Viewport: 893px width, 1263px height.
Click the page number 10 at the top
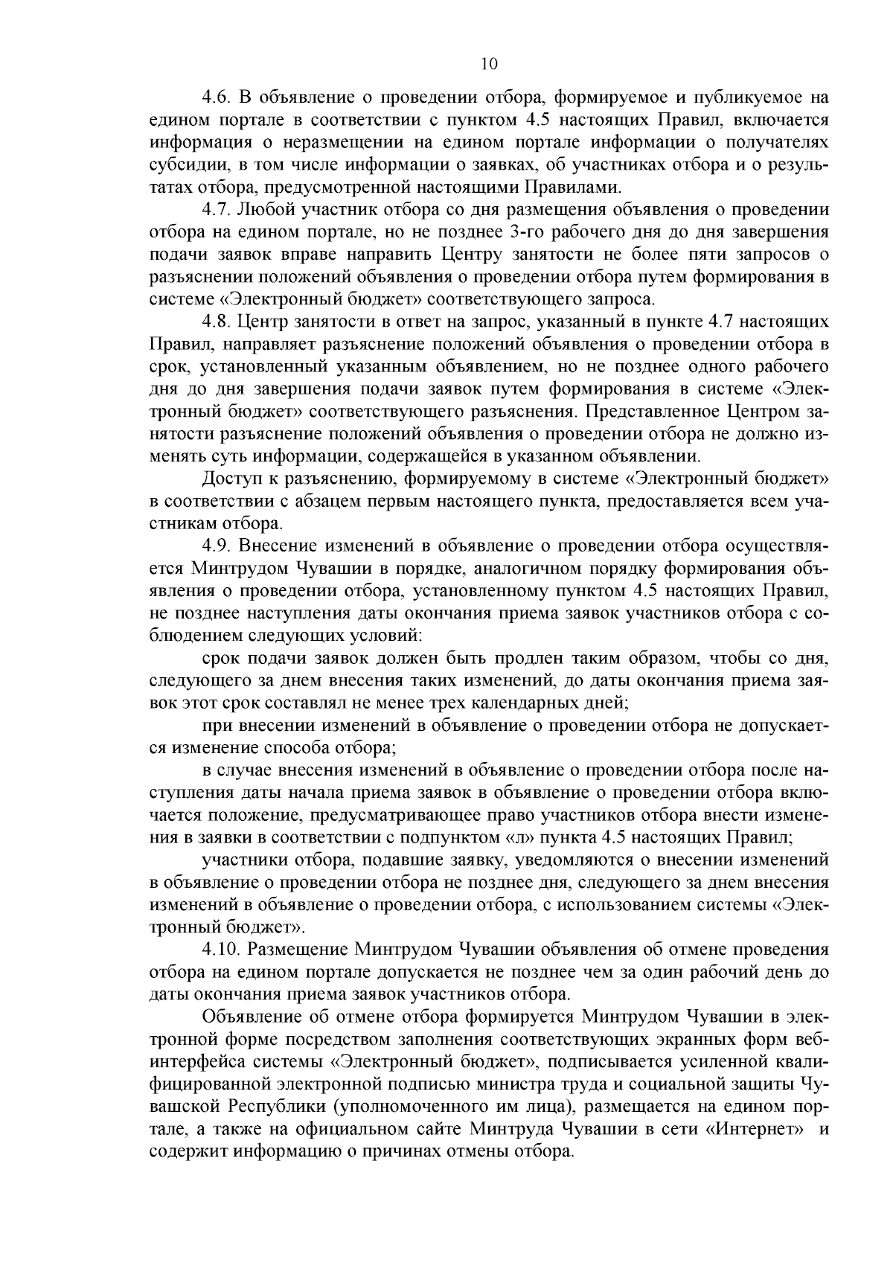tap(488, 64)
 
